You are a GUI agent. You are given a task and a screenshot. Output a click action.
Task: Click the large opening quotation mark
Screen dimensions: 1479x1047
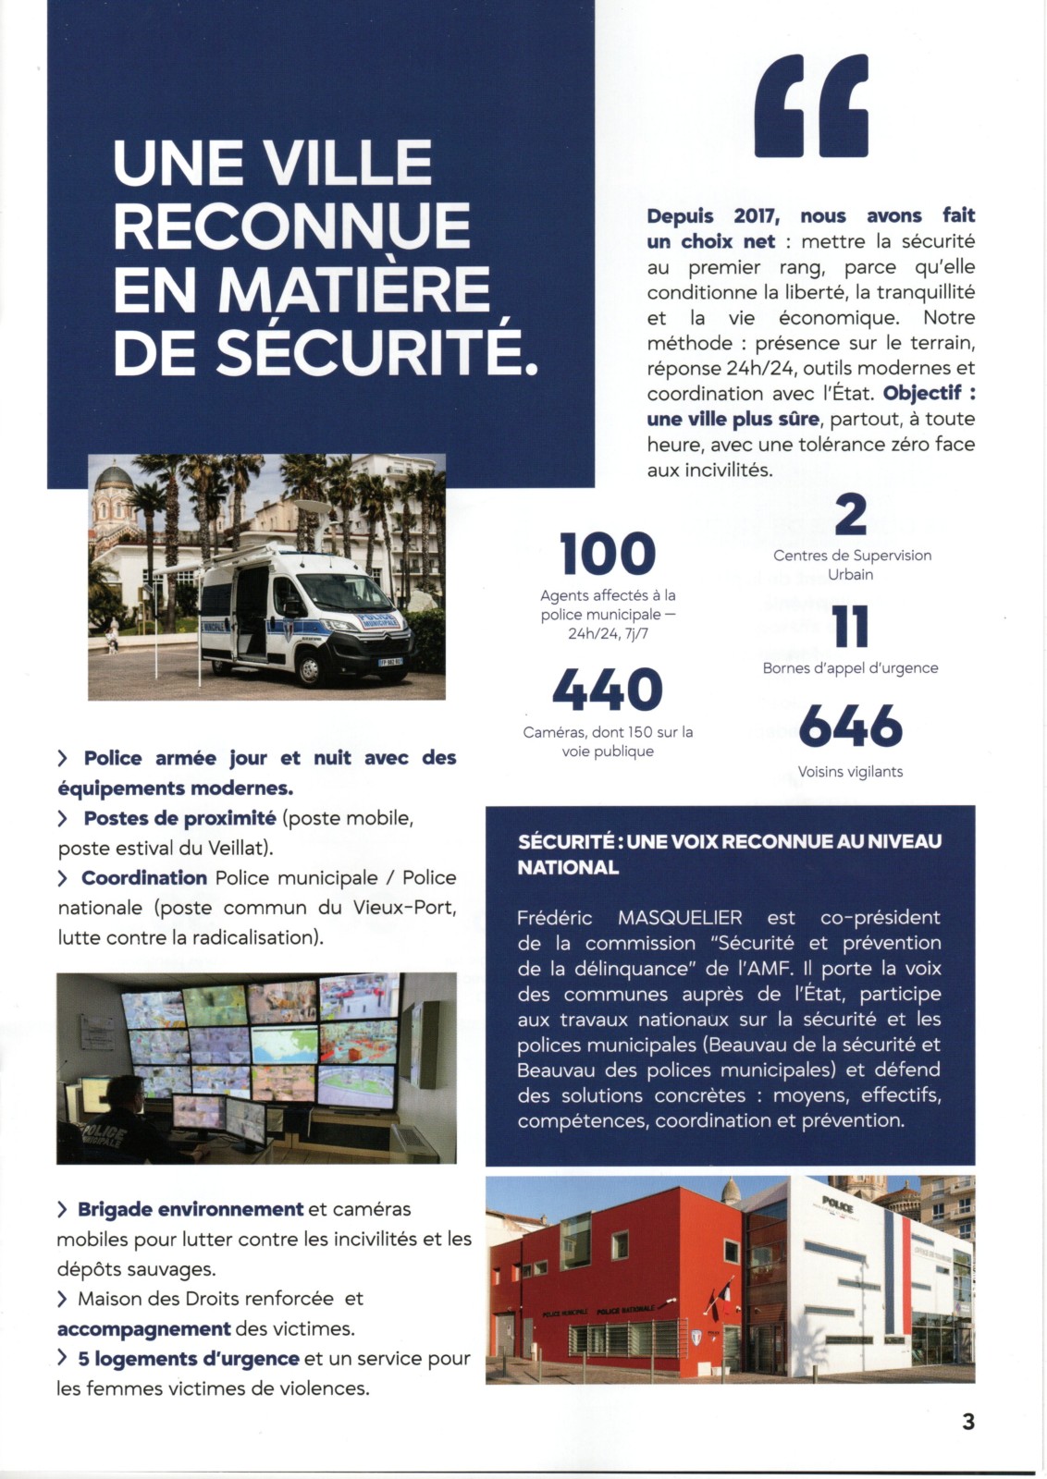[x=811, y=105]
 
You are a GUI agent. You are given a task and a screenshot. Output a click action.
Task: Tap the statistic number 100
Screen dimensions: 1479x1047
[x=608, y=554]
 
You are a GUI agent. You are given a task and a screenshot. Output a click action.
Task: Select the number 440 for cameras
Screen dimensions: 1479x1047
[x=608, y=691]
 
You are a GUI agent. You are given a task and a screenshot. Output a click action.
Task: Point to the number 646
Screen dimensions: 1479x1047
[x=850, y=727]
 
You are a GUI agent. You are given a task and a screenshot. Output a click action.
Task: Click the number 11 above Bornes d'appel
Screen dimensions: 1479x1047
[x=850, y=628]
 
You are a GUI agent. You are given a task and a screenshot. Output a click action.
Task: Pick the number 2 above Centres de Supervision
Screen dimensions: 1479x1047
[x=850, y=516]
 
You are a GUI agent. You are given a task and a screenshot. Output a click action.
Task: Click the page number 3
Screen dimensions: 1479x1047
[x=968, y=1421]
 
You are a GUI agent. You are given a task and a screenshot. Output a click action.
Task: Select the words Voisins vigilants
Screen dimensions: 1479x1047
[x=850, y=772]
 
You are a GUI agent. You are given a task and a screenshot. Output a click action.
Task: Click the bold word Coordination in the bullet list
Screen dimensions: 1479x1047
[x=144, y=878]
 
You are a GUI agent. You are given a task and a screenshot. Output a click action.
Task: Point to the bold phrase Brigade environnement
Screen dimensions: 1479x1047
[x=191, y=1209]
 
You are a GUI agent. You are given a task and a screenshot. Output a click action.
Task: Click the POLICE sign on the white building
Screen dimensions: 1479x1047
[x=837, y=1204]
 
